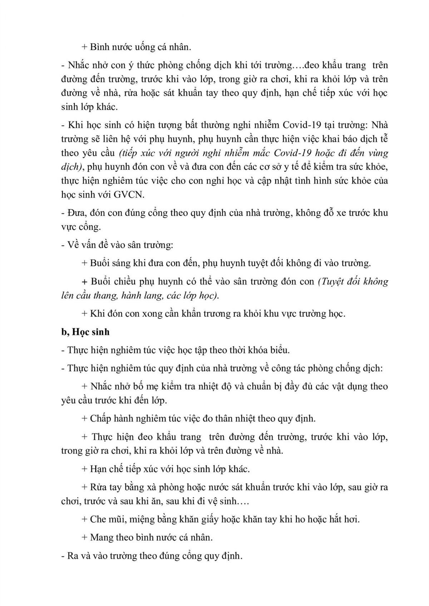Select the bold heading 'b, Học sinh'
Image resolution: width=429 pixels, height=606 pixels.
pyautogui.click(x=85, y=332)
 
